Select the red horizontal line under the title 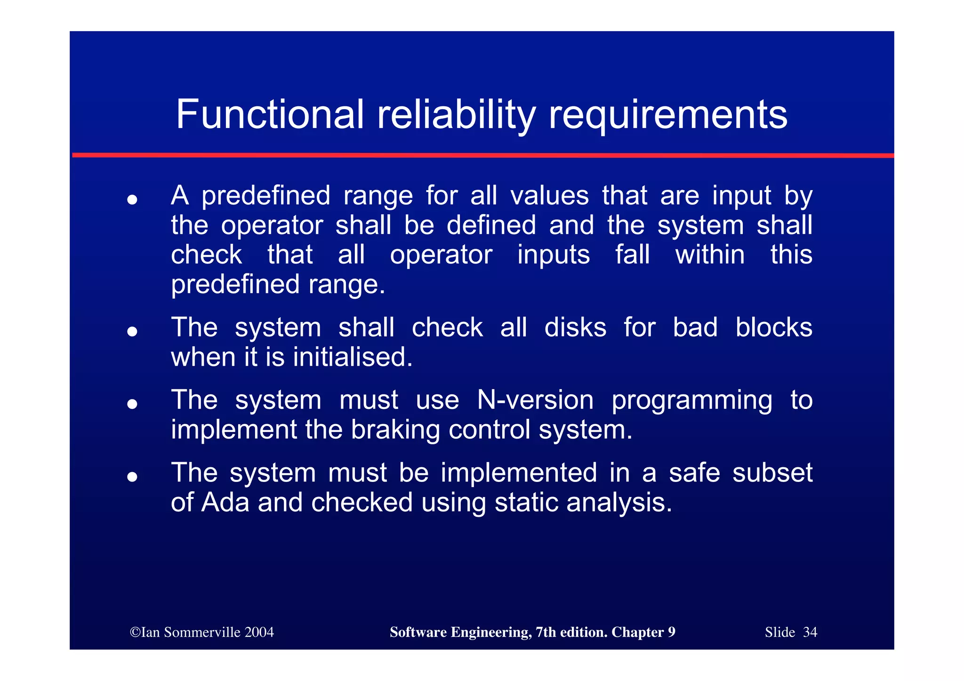482,155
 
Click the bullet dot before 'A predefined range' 132,200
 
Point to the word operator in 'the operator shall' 272,225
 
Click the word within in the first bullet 709,255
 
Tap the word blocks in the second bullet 773,328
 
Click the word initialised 353,357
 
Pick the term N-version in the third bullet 535,401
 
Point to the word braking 395,430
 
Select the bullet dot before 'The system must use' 132,404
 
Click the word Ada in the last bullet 225,503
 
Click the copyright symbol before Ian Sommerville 135,632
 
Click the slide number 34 810,632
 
